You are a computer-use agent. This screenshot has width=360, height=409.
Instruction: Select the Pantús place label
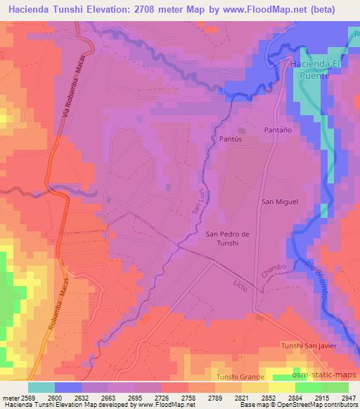(230, 139)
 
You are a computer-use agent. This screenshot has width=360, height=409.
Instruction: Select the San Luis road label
(198, 204)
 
